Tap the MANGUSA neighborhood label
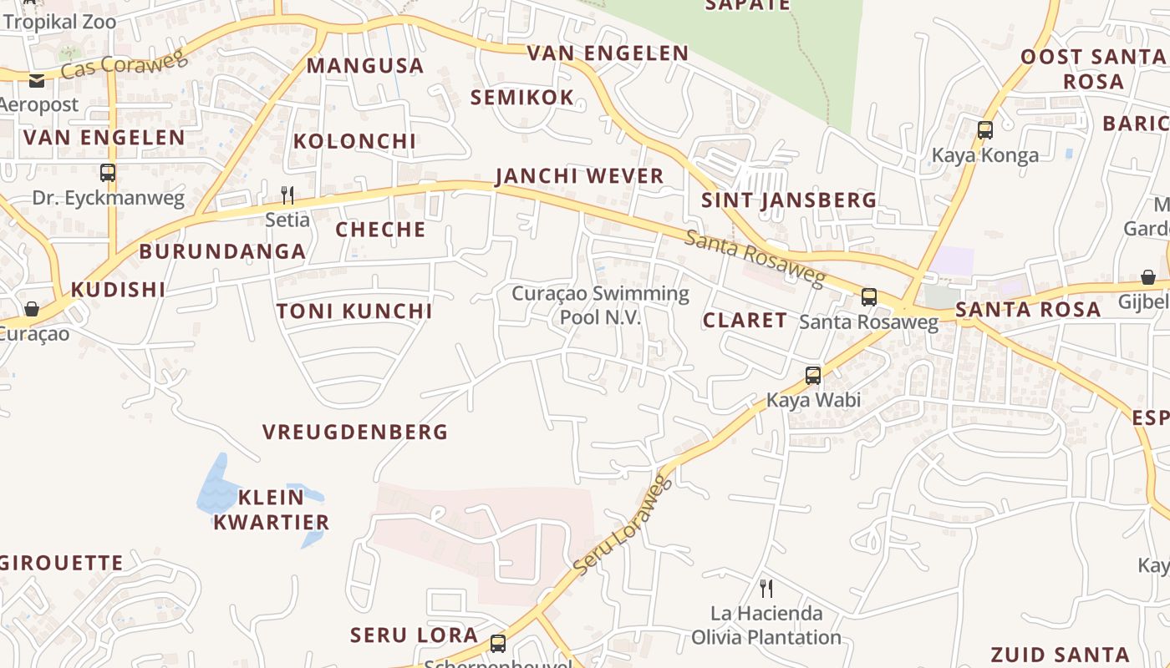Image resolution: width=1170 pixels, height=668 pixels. pos(365,65)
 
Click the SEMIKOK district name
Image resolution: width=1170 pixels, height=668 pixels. pos(522,98)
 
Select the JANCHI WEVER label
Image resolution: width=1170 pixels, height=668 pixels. pos(579,176)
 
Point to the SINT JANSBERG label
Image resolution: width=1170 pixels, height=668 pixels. pos(789,200)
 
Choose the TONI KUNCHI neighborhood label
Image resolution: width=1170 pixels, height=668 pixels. pos(354,311)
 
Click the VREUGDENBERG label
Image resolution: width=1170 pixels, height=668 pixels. pos(355,432)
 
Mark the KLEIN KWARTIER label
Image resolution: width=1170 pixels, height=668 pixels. pos(271,510)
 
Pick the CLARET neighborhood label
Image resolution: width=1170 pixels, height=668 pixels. pos(745,321)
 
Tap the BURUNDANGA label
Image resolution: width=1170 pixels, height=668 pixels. pos(222,251)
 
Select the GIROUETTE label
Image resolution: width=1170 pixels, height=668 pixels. pos(62,563)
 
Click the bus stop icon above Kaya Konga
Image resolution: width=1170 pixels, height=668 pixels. pos(985,130)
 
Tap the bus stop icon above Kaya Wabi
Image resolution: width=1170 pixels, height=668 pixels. pos(813,376)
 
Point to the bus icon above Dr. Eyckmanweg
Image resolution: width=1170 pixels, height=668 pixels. pos(108,173)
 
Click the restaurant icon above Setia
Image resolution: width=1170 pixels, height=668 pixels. pos(287,195)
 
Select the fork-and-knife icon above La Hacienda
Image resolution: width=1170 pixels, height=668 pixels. pos(766,588)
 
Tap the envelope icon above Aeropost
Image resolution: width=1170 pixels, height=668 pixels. pos(37,80)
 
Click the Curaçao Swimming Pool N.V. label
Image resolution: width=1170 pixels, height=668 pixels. pos(600,305)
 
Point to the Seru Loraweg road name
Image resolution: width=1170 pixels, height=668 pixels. pos(623,524)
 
